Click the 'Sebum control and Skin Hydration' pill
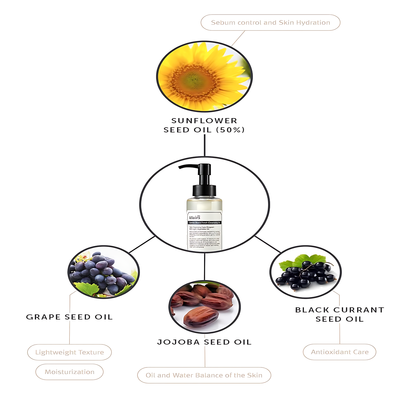pyautogui.click(x=270, y=23)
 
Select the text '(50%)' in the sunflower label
pyautogui.click(x=230, y=130)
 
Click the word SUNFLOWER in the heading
pyautogui.click(x=204, y=121)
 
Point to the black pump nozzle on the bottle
pyautogui.click(x=187, y=167)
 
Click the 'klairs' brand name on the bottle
pyautogui.click(x=195, y=218)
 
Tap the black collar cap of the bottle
pyautogui.click(x=204, y=190)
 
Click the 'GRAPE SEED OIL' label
pyautogui.click(x=70, y=317)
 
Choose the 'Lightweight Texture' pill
pyautogui.click(x=70, y=352)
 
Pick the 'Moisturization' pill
pyautogui.click(x=70, y=372)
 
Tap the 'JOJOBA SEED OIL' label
pyautogui.click(x=204, y=342)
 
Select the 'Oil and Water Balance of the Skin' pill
pyautogui.click(x=204, y=375)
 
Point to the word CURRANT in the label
pyautogui.click(x=359, y=310)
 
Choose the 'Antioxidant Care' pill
pyautogui.click(x=340, y=352)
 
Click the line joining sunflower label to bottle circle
pyautogui.click(x=205, y=145)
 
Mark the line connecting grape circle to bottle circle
pyautogui.click(x=142, y=244)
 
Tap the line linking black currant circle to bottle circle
pyautogui.click(x=268, y=244)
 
